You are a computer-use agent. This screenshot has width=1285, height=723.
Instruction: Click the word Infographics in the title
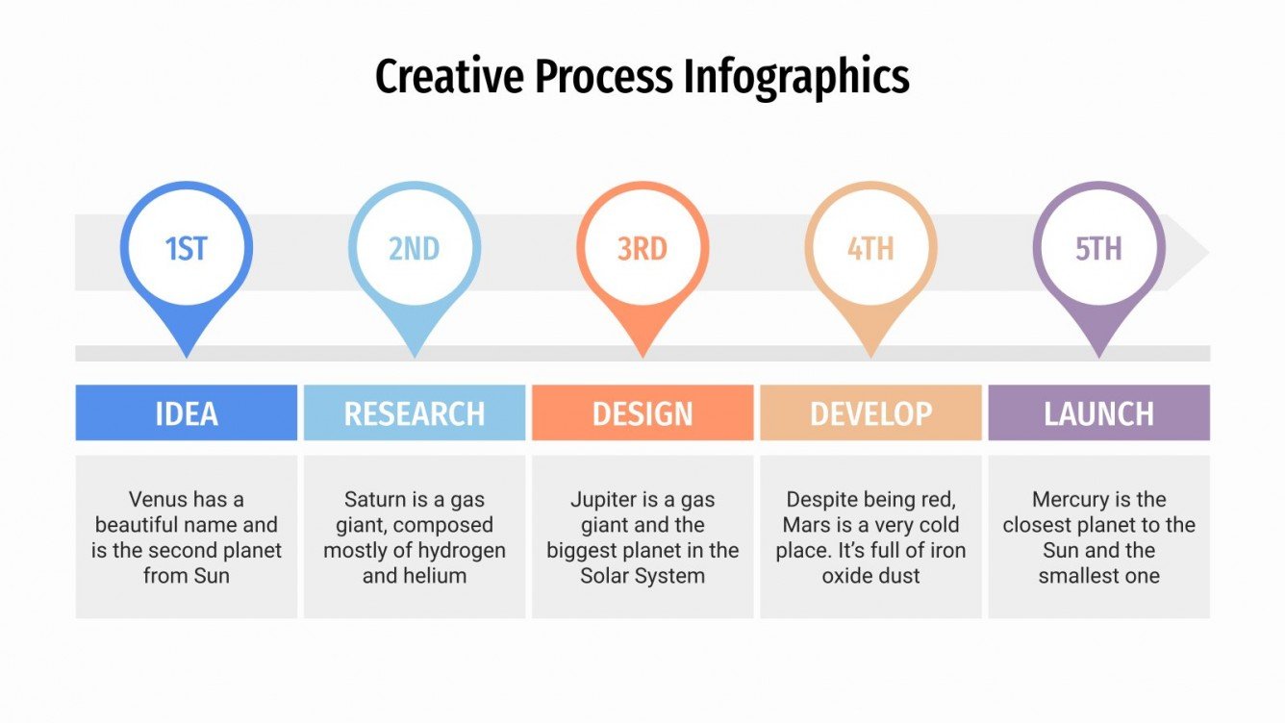tap(796, 77)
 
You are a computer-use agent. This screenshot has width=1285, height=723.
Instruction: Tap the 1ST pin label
tap(187, 249)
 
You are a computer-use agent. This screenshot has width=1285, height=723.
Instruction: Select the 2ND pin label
tap(415, 249)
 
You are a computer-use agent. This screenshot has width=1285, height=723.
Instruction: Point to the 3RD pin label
tap(642, 249)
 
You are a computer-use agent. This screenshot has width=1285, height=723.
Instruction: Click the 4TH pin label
tap(870, 249)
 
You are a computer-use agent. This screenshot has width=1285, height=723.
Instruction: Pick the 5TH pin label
tap(1098, 249)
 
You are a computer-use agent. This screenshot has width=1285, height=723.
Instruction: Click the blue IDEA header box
tap(187, 413)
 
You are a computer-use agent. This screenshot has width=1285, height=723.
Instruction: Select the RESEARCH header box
tap(415, 413)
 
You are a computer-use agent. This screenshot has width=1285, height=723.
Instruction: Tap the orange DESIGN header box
tap(642, 413)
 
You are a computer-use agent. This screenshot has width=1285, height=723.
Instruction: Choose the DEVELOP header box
tap(870, 413)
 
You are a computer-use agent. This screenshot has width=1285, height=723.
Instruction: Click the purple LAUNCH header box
tap(1098, 413)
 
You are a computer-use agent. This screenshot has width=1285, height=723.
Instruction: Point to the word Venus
tap(158, 500)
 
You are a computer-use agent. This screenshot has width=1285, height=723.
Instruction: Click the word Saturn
tap(376, 500)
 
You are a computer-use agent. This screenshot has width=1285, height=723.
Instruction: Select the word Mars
tap(805, 526)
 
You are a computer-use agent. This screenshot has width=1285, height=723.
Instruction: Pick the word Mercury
tap(1070, 500)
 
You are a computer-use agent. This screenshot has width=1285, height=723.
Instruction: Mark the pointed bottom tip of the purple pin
tap(1098, 356)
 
